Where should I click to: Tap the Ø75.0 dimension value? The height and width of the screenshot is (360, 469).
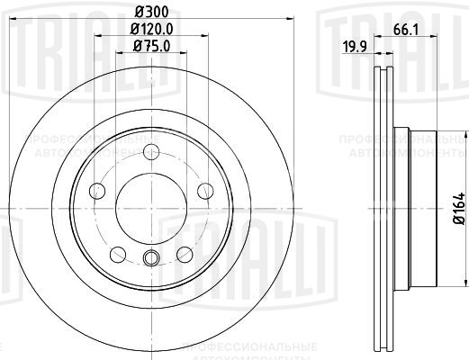pyautogui.click(x=150, y=46)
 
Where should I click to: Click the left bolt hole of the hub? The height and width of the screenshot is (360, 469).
pyautogui.click(x=97, y=190)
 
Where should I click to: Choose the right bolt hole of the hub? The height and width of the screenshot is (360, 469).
pyautogui.click(x=205, y=189)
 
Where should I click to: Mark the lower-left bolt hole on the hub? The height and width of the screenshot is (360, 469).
pyautogui.click(x=118, y=253)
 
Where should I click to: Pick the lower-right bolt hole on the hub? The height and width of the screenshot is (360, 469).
pyautogui.click(x=185, y=253)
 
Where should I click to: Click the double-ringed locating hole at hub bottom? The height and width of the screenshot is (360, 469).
pyautogui.click(x=151, y=260)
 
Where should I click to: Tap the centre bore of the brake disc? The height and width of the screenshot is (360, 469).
pyautogui.click(x=151, y=206)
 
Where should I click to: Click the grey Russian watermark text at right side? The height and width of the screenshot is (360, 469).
pyautogui.click(x=401, y=148)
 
